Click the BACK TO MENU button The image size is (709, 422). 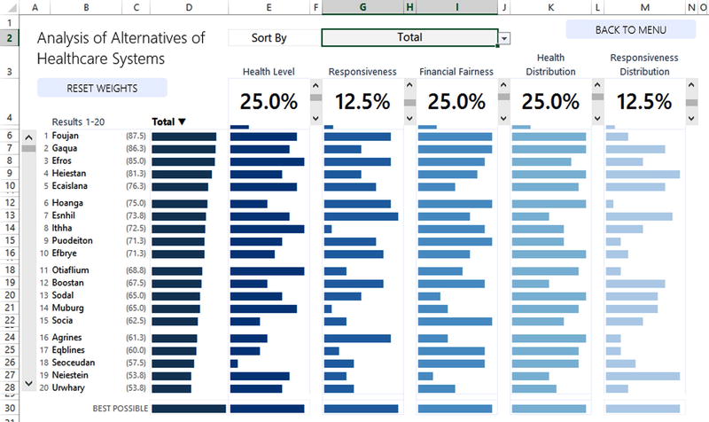pyautogui.click(x=630, y=29)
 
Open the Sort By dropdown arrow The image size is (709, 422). pyautogui.click(x=504, y=38)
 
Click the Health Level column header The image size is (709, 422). pyautogui.click(x=268, y=71)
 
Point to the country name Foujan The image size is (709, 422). pyautogui.click(x=66, y=137)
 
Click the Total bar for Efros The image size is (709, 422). pyautogui.click(x=183, y=161)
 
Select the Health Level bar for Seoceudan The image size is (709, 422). pyautogui.click(x=234, y=363)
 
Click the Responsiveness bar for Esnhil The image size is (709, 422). pyautogui.click(x=361, y=215)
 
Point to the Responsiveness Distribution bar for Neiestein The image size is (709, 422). pyautogui.click(x=642, y=376)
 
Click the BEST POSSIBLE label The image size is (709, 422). pyautogui.click(x=120, y=409)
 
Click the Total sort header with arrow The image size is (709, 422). pyautogui.click(x=169, y=121)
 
